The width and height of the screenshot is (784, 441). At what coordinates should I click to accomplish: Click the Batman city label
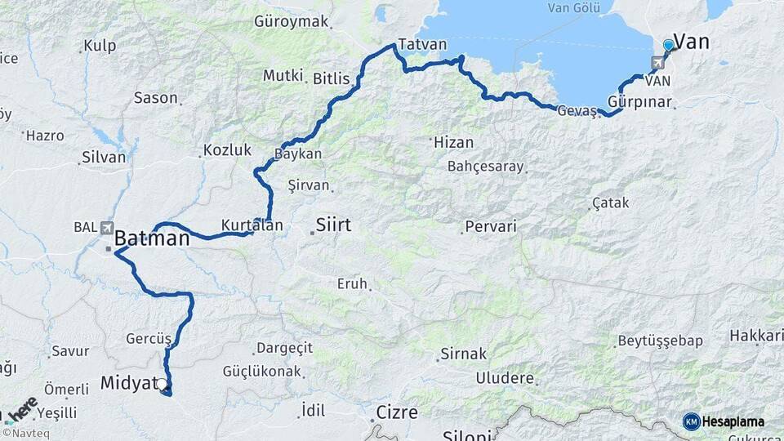[x=152, y=238]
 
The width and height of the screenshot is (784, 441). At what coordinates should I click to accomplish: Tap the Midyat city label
[x=127, y=382]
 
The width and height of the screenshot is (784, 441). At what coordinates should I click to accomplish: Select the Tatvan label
[x=422, y=45]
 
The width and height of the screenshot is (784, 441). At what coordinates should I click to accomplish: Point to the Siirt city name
[x=333, y=224]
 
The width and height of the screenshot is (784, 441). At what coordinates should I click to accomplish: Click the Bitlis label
[x=331, y=79]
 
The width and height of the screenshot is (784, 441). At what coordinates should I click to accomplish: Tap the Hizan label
[x=453, y=142]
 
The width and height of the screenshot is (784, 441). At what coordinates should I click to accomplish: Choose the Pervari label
[x=491, y=226]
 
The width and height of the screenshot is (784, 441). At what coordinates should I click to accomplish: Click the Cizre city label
[x=397, y=411]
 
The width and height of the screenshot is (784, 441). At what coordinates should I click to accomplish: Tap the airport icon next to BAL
[x=107, y=229]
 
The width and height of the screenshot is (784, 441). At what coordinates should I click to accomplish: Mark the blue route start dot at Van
[x=669, y=46]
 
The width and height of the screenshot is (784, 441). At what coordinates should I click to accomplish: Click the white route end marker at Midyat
[x=162, y=383]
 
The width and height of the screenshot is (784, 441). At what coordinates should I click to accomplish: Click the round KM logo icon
[x=691, y=421]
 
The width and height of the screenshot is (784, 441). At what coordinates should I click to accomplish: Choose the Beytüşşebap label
[x=660, y=341]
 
